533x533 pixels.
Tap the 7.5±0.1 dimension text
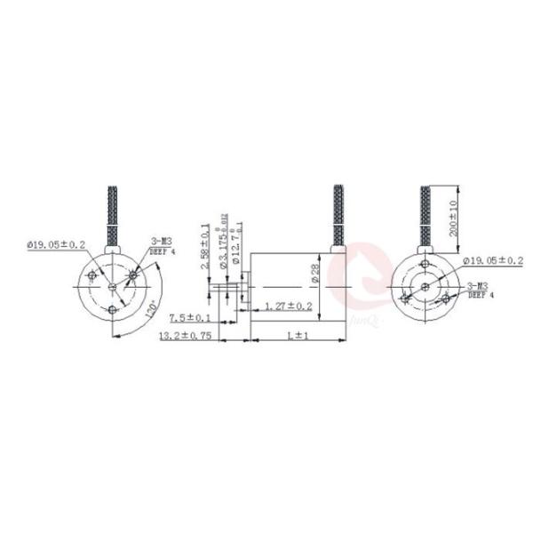point(189,318)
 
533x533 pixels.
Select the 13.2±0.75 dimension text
point(184,337)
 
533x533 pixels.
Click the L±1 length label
point(297,337)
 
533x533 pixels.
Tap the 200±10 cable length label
point(452,217)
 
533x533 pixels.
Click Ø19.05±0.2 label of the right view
point(494,259)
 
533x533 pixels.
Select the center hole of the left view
point(111,286)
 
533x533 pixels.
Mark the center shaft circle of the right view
point(424,286)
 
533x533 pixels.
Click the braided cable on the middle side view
point(338,213)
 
